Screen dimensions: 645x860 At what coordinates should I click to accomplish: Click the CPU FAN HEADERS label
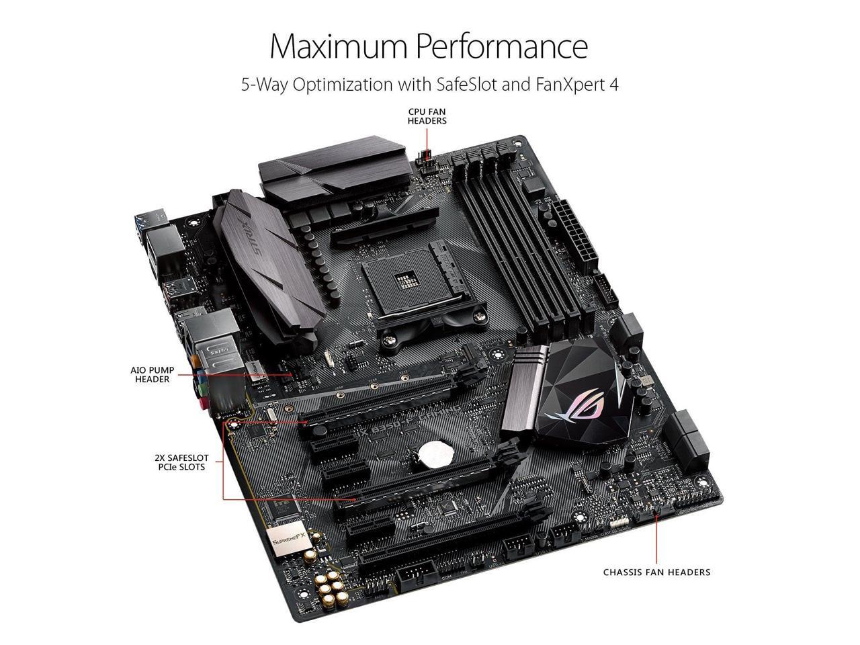click(427, 116)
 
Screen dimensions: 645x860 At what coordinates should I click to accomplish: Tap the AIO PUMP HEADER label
click(150, 374)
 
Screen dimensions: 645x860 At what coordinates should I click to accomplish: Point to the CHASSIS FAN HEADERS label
click(656, 572)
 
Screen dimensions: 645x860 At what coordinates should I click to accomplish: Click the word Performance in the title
click(501, 46)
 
